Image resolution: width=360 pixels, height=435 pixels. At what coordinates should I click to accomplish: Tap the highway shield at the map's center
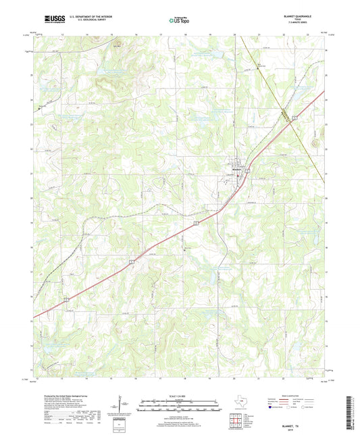[x=197, y=221]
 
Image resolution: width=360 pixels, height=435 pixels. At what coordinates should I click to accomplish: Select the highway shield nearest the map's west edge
[x=66, y=299]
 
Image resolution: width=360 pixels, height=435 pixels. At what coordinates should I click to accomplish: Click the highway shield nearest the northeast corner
[x=295, y=118]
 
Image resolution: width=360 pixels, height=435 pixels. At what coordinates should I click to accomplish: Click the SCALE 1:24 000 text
[x=179, y=396]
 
